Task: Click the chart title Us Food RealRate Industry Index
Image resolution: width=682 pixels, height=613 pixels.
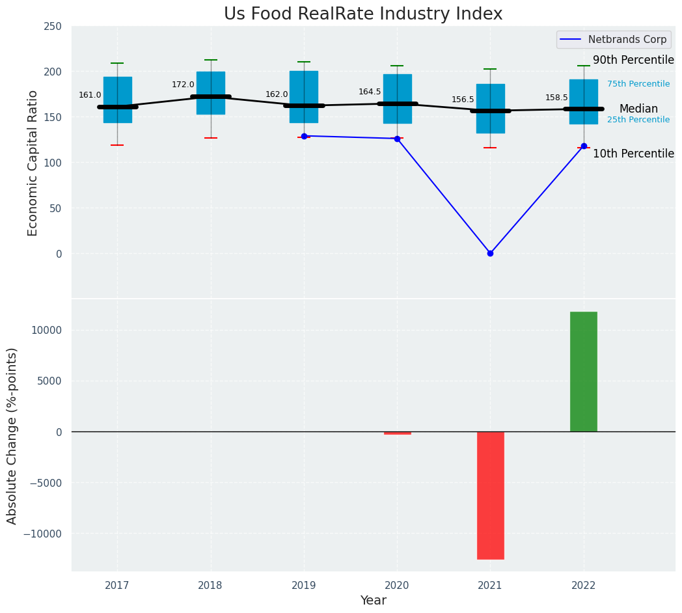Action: click(363, 14)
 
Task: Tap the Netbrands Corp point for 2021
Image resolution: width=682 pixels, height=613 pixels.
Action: click(490, 253)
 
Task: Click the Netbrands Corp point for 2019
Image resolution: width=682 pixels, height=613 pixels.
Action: click(304, 136)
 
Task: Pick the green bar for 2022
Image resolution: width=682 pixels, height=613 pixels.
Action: click(584, 372)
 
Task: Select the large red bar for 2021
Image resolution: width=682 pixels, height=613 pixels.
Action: click(490, 495)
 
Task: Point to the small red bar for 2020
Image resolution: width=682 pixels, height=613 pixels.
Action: click(397, 433)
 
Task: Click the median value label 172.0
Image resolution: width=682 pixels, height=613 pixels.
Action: click(183, 85)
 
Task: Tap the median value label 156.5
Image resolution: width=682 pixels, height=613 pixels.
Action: click(463, 100)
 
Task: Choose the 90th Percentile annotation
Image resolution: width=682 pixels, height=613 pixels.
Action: click(633, 60)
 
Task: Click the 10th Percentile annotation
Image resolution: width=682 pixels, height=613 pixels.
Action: click(633, 154)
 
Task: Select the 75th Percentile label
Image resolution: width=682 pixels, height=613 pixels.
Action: click(638, 84)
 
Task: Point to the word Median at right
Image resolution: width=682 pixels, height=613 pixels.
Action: click(638, 109)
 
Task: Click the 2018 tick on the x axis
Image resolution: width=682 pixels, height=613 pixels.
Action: click(210, 586)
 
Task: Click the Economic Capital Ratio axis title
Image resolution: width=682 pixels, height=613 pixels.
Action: click(33, 163)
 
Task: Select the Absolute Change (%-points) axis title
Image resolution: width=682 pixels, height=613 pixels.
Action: click(12, 435)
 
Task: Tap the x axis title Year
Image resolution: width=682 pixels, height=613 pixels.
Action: click(374, 601)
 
